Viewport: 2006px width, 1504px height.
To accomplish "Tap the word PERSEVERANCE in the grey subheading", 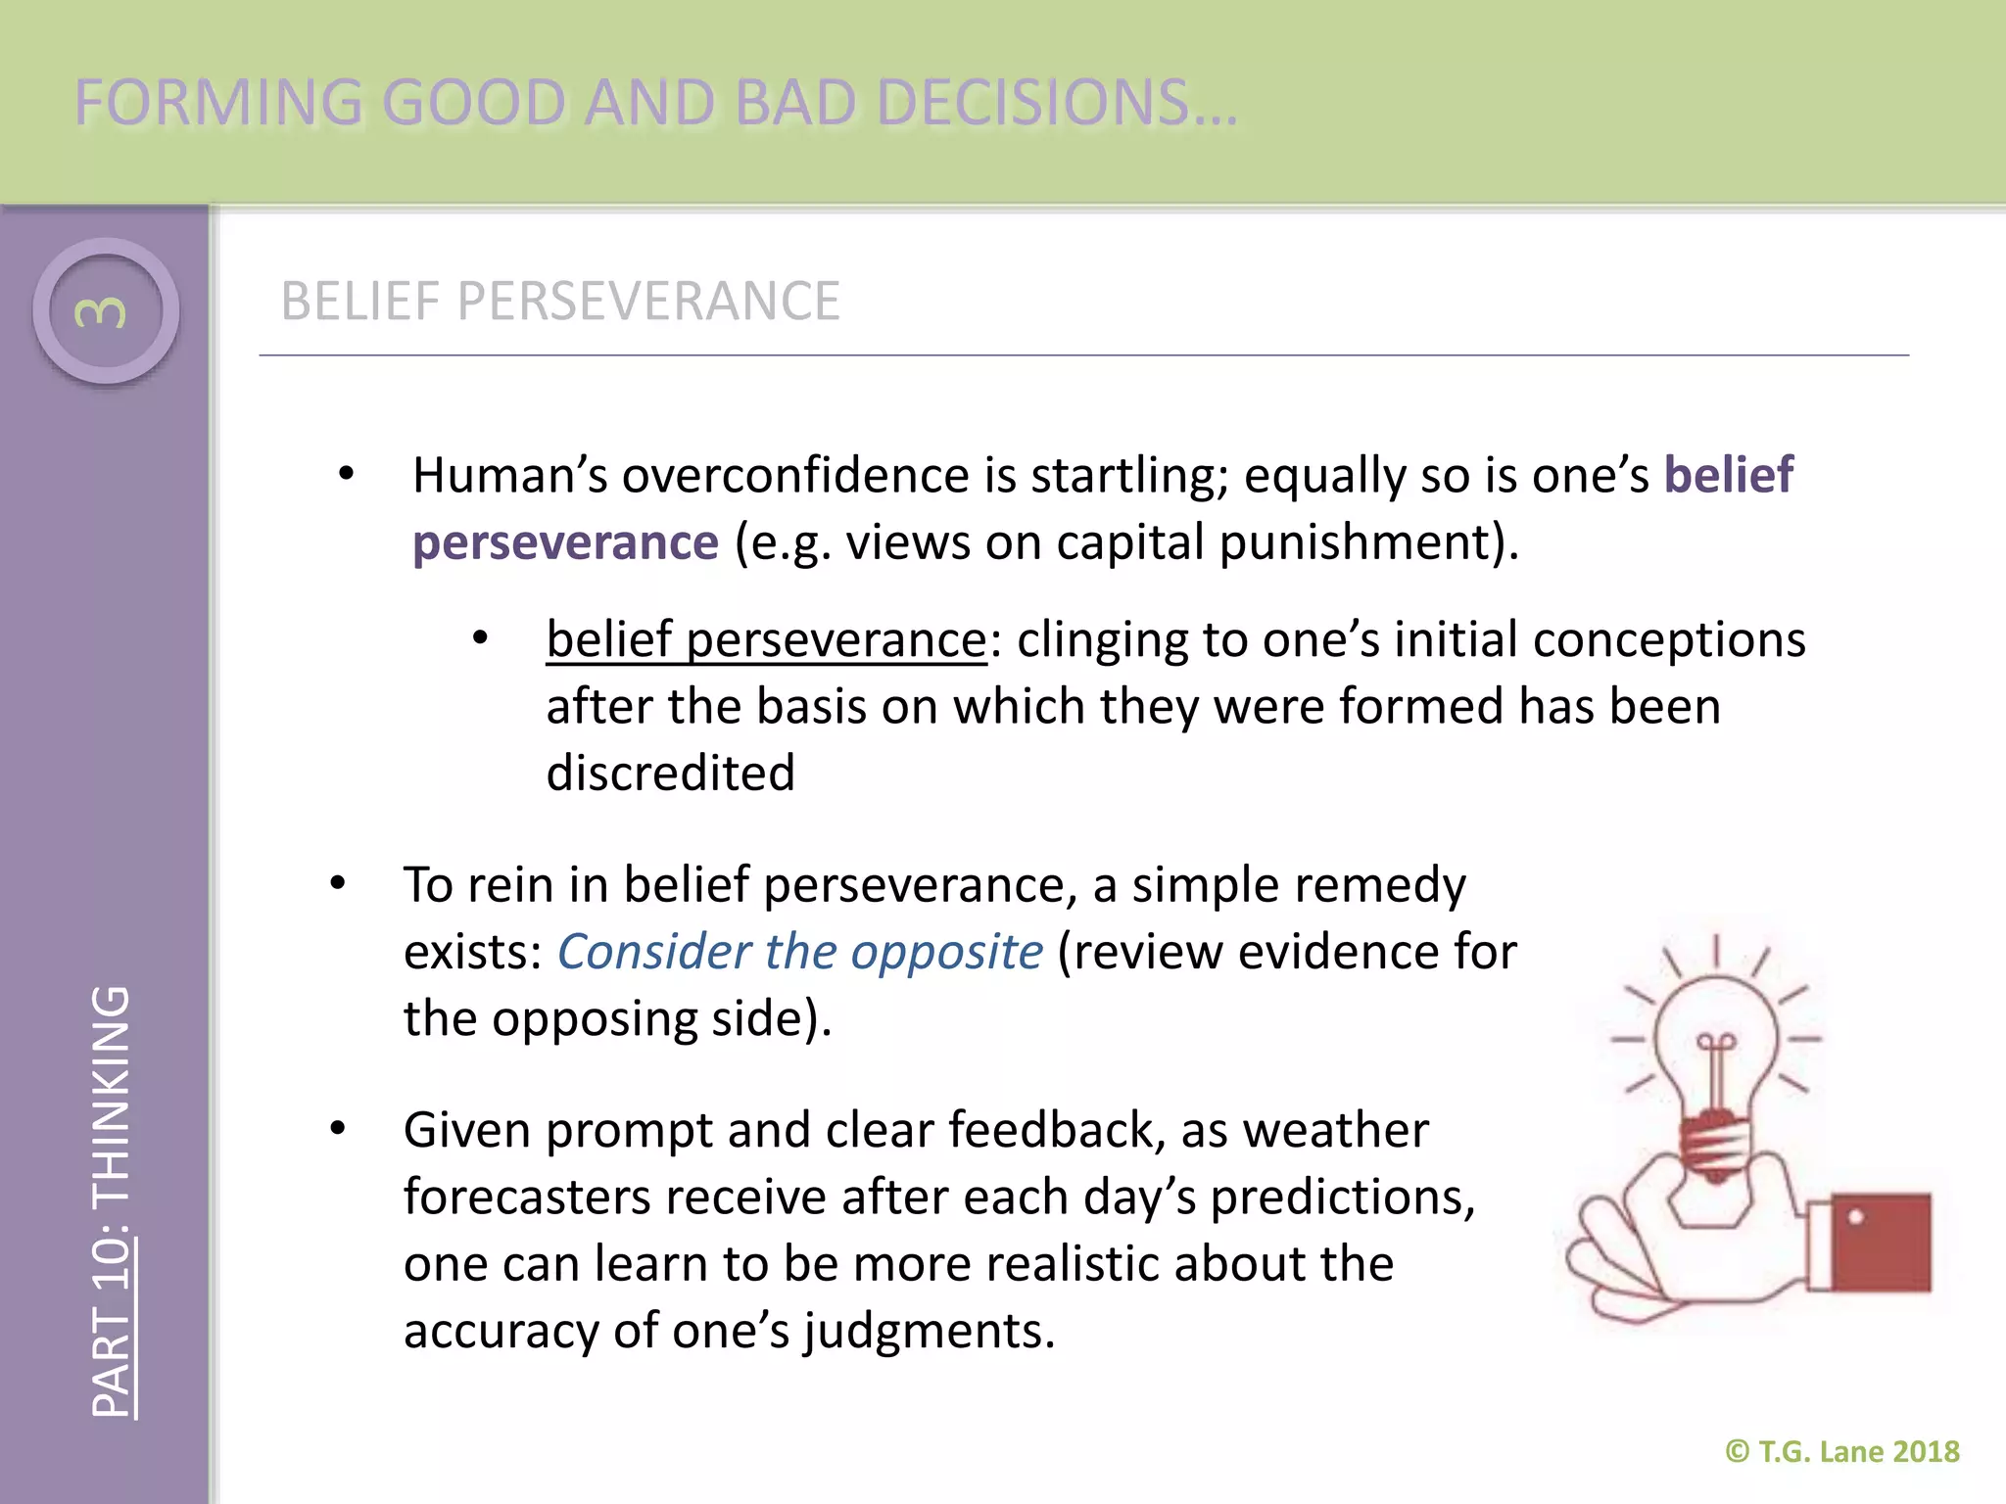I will [647, 301].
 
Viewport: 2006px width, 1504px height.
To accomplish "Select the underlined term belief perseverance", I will [766, 640].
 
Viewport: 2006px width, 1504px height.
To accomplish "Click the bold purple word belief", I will [1728, 476].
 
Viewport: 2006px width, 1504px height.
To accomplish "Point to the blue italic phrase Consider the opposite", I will [799, 952].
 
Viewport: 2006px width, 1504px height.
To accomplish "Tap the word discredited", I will [670, 774].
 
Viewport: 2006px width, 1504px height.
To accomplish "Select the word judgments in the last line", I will [929, 1332].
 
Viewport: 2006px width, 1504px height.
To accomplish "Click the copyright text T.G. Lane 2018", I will [1857, 1451].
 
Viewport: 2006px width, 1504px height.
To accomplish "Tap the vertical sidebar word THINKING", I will [110, 1095].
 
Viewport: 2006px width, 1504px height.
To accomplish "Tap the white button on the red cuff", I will [1855, 1217].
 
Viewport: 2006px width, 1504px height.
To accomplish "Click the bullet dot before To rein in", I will [338, 884].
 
